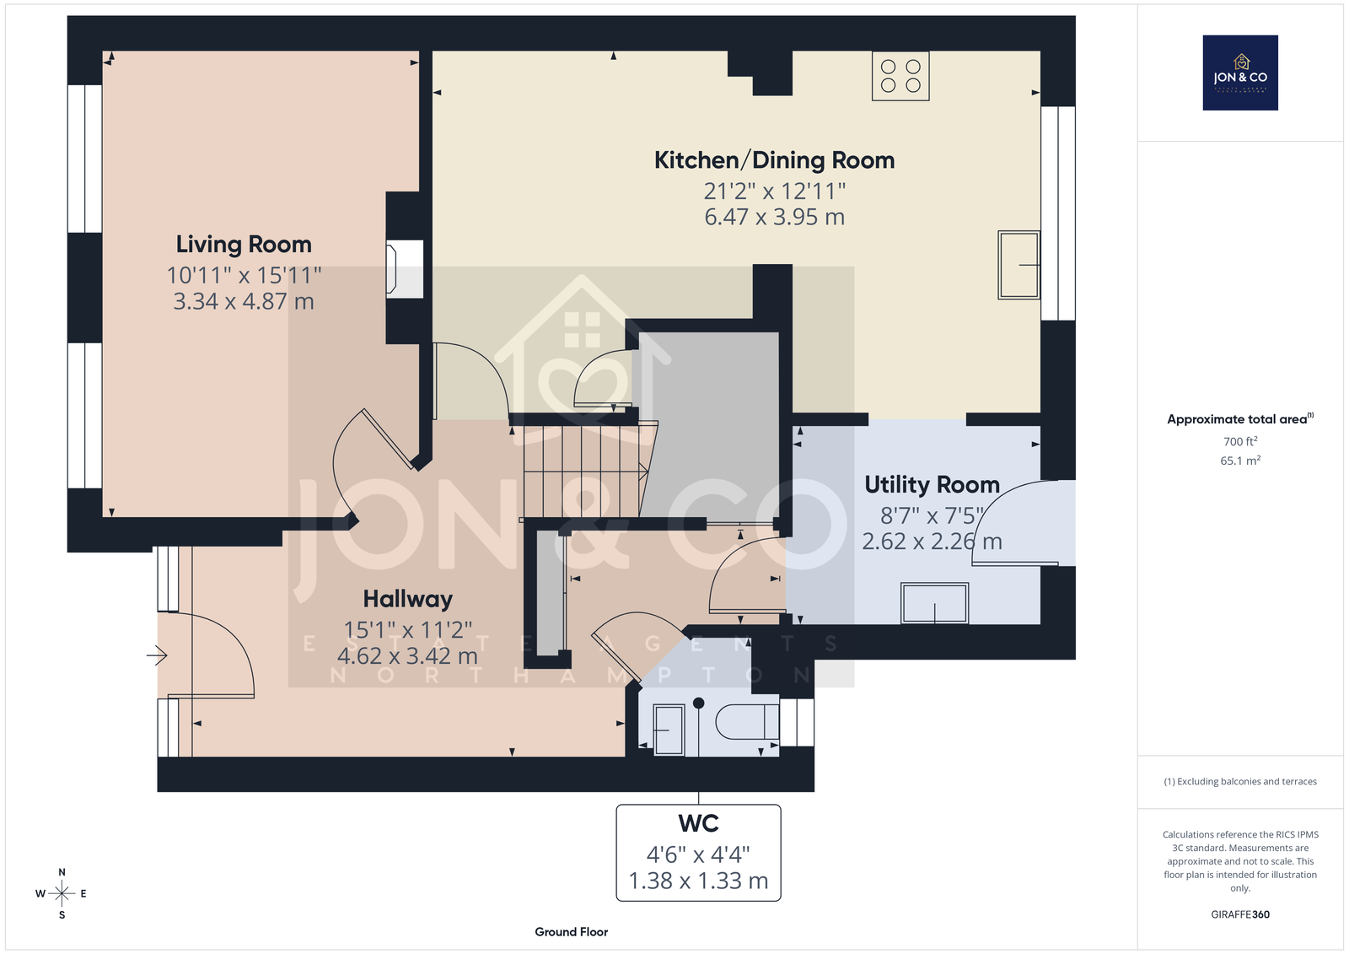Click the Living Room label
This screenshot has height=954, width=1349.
tap(244, 245)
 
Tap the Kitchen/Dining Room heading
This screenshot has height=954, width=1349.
tap(775, 160)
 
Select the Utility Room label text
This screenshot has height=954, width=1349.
tap(932, 484)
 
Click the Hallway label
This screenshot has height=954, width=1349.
tap(408, 599)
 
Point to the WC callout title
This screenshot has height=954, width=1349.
tap(699, 823)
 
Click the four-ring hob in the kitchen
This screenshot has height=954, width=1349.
tap(900, 76)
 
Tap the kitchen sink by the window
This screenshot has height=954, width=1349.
tap(1019, 265)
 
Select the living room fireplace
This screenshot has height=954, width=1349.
tap(404, 269)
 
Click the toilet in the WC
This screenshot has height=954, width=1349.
tap(747, 722)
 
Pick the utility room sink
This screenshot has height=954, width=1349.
tap(935, 603)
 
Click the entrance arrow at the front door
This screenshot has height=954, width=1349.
tap(157, 655)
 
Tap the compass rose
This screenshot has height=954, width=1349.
tap(62, 893)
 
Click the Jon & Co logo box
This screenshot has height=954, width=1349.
tap(1240, 73)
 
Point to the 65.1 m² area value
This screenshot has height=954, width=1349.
tap(1240, 461)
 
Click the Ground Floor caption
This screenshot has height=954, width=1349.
tap(571, 932)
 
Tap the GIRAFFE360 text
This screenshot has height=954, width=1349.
tap(1240, 914)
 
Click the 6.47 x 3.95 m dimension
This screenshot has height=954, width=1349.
tap(775, 217)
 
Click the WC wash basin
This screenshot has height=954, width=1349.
tap(669, 730)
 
